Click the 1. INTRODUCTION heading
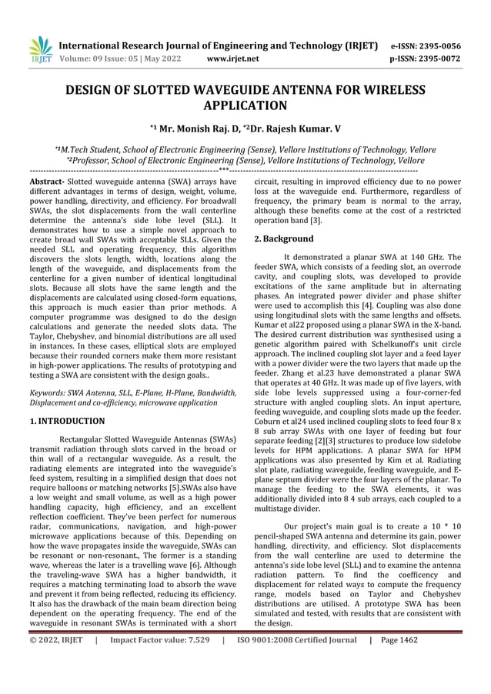[67, 421]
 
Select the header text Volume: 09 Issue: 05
[101, 58]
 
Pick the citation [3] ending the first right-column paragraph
[316, 220]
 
